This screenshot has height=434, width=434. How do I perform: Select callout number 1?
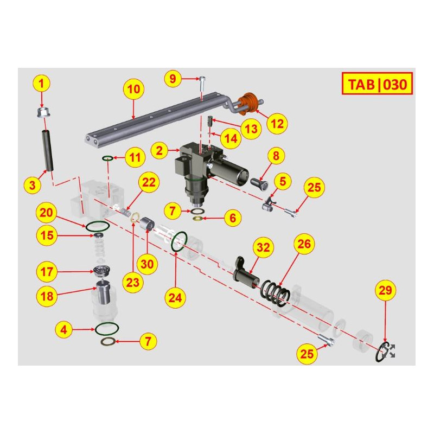pyautogui.click(x=43, y=84)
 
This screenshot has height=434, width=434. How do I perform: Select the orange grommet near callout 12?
pyautogui.click(x=249, y=103)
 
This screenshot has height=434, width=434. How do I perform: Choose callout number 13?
pyautogui.click(x=251, y=129)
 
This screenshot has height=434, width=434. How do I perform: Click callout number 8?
pyautogui.click(x=276, y=157)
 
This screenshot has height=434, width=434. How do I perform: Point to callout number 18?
pyautogui.click(x=47, y=295)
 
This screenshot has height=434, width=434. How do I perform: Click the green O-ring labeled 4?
pyautogui.click(x=107, y=328)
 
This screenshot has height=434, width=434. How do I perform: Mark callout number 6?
pyautogui.click(x=232, y=218)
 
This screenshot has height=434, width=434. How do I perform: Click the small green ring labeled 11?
pyautogui.click(x=107, y=158)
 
